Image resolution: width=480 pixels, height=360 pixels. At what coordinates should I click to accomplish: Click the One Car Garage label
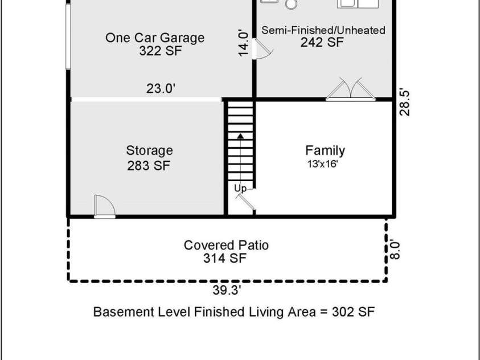(x=154, y=38)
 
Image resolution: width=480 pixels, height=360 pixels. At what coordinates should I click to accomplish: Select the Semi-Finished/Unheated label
(x=323, y=30)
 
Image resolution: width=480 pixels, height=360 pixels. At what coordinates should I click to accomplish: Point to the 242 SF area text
(x=322, y=42)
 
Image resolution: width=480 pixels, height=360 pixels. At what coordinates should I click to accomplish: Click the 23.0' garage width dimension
(x=161, y=88)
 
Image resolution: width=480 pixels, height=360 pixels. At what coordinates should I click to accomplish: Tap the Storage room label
(x=149, y=151)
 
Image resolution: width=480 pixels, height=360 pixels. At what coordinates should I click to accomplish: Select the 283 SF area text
(x=149, y=165)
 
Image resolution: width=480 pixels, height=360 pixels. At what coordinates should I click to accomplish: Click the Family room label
(x=325, y=151)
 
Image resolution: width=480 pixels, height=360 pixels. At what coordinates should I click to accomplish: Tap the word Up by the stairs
(x=240, y=187)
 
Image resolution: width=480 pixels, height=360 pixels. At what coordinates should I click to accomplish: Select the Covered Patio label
(x=226, y=245)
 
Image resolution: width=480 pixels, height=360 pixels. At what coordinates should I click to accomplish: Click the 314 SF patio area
(x=226, y=259)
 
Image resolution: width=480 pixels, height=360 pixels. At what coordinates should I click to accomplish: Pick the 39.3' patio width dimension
(x=227, y=291)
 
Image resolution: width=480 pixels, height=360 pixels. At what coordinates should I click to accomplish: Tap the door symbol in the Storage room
(x=103, y=206)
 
